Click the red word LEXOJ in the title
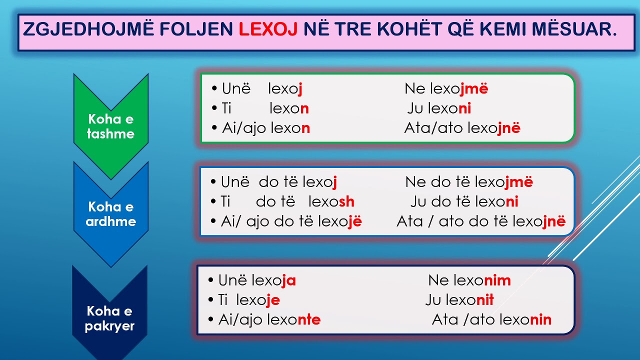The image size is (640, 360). (268, 29)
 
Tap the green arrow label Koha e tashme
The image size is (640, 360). (110, 126)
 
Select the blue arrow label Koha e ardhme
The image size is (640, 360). (110, 214)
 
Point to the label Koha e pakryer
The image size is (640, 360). (109, 319)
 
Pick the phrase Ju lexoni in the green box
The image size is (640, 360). (439, 108)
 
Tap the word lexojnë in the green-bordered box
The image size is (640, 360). (494, 128)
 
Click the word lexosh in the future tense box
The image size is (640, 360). (331, 202)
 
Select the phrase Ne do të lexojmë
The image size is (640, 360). (469, 182)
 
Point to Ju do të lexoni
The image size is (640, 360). (464, 202)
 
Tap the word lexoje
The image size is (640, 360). (257, 300)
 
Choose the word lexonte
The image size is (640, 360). (294, 320)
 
